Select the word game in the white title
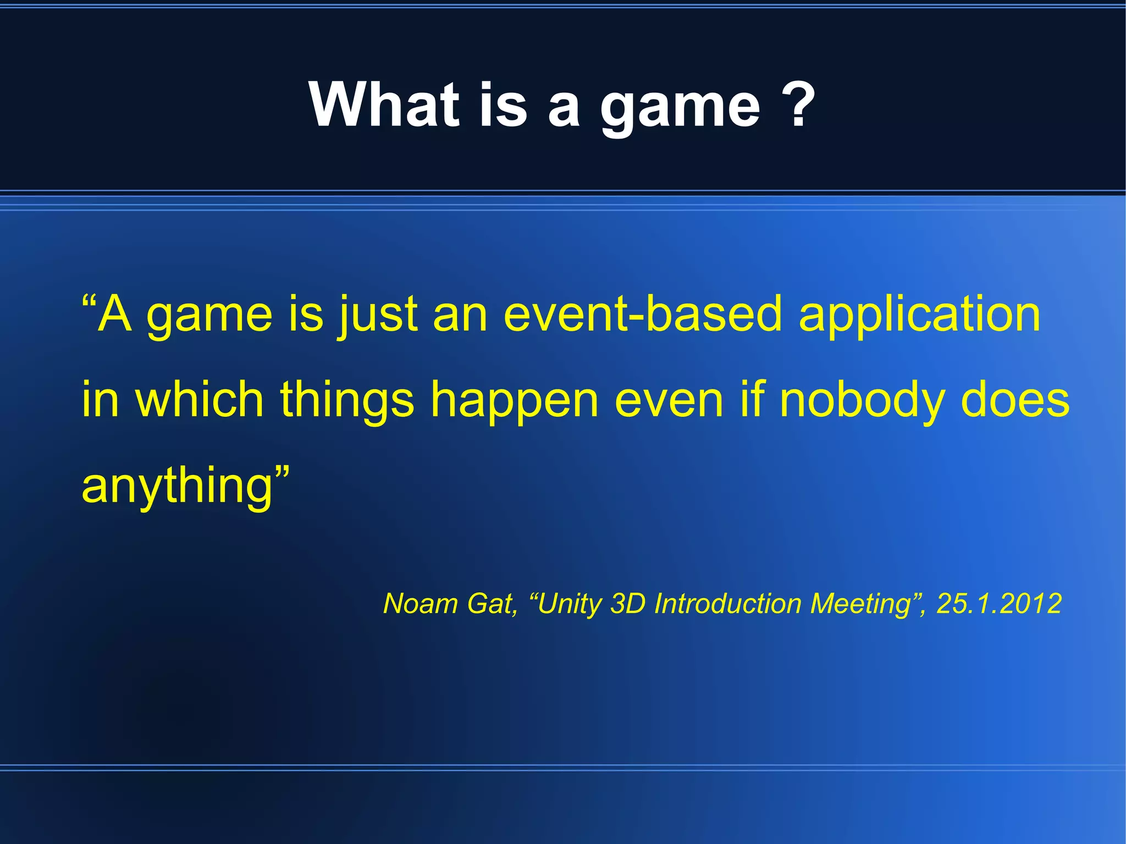tap(680, 107)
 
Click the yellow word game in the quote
tap(209, 316)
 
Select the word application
tap(919, 316)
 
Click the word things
tap(347, 401)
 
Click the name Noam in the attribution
tap(421, 604)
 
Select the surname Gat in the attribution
tap(491, 604)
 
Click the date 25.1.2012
tap(998, 604)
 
